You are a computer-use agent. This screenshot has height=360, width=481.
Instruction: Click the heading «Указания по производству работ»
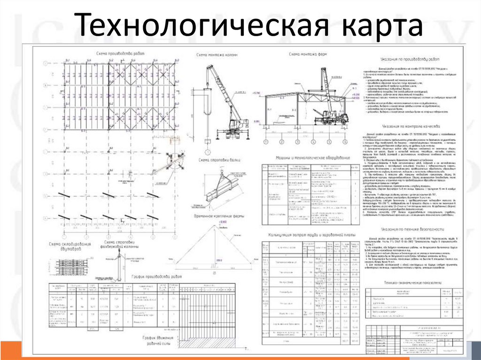tap(411, 59)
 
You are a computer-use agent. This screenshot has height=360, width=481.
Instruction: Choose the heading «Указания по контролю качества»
tap(411, 126)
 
